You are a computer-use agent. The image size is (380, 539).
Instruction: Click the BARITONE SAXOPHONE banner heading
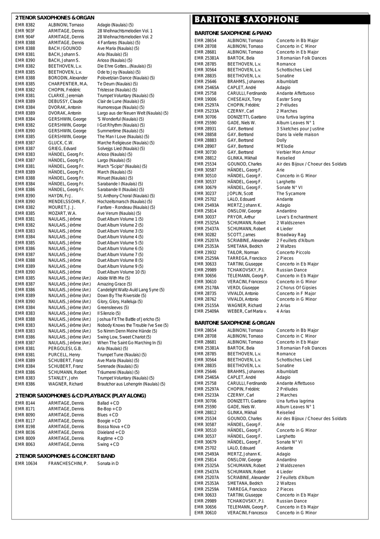coord(247,19)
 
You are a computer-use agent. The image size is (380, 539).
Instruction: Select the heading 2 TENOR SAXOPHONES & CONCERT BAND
coord(65,456)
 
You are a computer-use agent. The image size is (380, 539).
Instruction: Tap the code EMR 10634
coord(26,464)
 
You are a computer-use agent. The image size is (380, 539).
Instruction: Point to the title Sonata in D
coord(108,464)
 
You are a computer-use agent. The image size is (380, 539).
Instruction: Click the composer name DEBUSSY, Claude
coord(65,102)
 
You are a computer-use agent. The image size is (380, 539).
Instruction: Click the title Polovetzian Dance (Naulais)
coord(126,78)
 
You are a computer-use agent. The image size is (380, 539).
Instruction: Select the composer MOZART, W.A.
coord(62,214)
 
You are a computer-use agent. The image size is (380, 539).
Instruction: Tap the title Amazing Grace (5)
coord(114,284)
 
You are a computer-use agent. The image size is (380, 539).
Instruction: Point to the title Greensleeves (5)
coord(113,308)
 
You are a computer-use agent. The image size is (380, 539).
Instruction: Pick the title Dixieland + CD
coord(111,433)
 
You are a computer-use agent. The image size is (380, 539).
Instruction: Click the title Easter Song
coord(289,99)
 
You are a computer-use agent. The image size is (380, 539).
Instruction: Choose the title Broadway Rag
coord(291,235)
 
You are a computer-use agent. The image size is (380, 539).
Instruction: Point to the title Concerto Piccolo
coord(293,253)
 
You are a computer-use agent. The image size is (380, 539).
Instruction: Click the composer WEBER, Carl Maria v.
coord(247,311)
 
